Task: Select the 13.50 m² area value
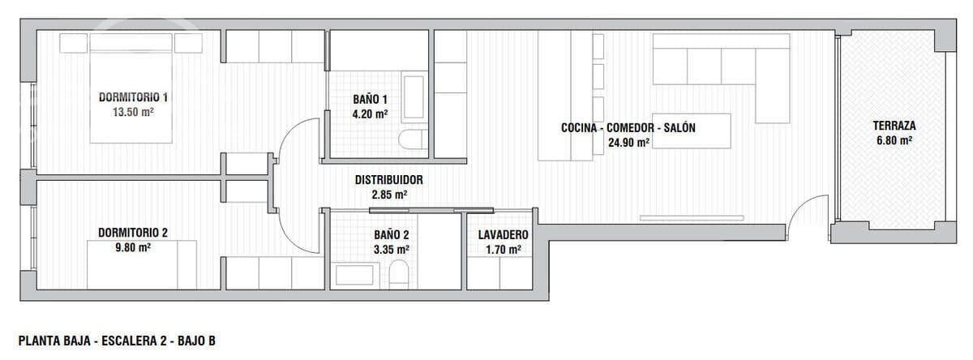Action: [134, 113]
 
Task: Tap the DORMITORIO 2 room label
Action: [133, 233]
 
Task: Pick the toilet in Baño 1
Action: [414, 139]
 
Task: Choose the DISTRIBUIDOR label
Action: [389, 180]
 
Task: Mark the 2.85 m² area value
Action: [389, 195]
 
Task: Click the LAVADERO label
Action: [499, 234]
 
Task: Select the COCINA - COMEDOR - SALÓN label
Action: [628, 127]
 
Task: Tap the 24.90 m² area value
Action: [629, 143]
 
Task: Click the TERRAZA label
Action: [894, 126]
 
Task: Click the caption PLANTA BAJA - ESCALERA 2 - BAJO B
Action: [116, 341]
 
